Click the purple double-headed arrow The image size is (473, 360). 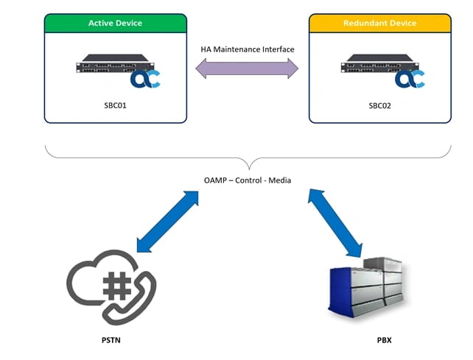pyautogui.click(x=247, y=69)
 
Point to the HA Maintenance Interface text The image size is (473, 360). pyautogui.click(x=248, y=49)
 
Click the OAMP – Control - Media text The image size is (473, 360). pyautogui.click(x=248, y=180)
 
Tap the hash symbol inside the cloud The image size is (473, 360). pyautogui.click(x=116, y=284)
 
